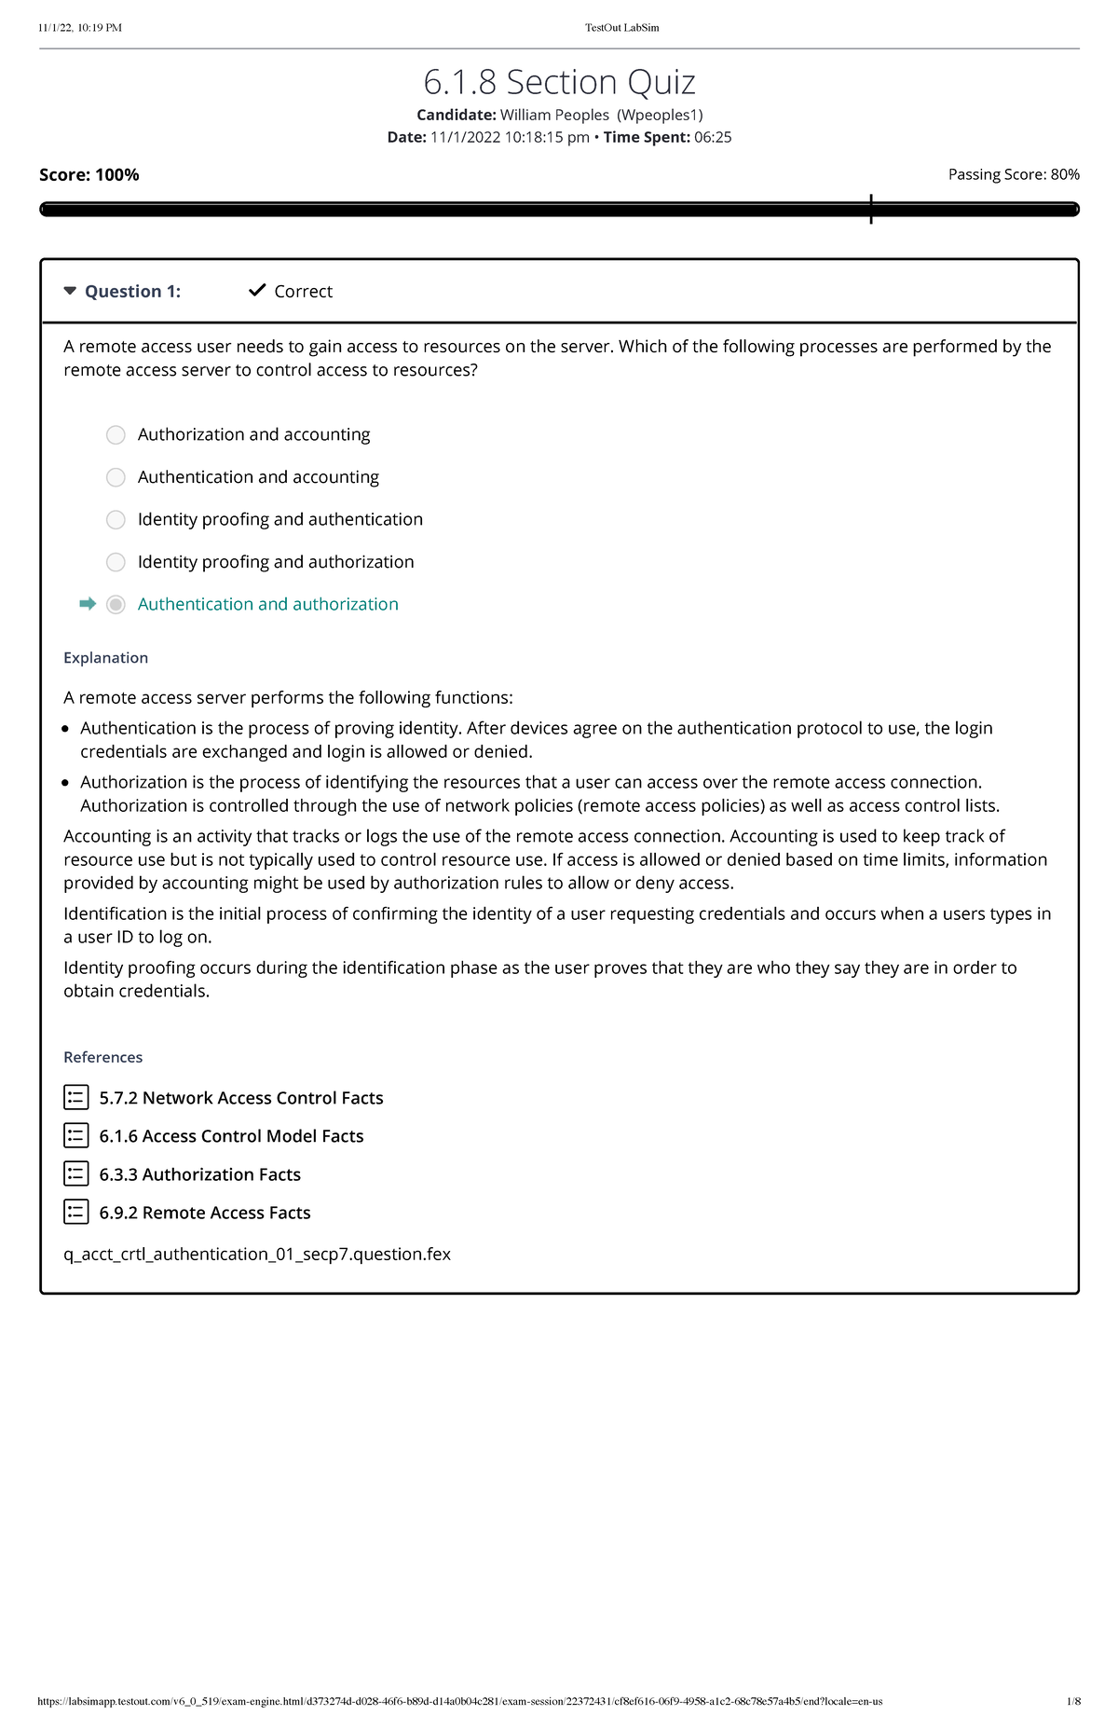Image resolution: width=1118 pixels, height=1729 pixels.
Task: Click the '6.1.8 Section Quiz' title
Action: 559,82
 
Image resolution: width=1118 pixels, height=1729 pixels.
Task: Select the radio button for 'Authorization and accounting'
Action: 116,435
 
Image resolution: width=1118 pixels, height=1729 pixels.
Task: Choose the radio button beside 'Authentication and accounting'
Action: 116,477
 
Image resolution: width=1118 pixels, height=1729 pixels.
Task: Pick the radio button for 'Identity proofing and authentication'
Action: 116,520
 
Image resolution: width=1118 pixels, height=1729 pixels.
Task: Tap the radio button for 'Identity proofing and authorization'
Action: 116,562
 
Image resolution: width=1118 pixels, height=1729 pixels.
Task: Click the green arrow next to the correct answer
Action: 88,604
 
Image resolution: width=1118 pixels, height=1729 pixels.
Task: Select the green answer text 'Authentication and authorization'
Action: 267,604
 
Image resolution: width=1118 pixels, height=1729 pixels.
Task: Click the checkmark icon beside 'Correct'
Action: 257,291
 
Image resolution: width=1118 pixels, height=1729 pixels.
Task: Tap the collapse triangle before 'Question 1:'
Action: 70,291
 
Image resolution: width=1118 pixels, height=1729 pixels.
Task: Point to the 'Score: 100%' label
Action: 89,174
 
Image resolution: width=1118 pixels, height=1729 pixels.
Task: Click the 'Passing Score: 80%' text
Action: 1014,174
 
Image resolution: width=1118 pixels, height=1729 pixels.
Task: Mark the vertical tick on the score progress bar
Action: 871,209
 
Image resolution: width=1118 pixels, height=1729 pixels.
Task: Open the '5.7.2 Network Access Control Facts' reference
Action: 240,1098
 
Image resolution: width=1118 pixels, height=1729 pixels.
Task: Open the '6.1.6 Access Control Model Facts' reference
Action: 231,1136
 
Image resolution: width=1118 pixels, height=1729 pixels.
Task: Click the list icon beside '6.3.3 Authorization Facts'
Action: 76,1173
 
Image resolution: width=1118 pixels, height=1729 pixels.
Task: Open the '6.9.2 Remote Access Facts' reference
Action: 204,1213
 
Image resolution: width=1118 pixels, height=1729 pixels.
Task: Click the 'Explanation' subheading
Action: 105,658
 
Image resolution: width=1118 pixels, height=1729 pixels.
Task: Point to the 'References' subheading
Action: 102,1057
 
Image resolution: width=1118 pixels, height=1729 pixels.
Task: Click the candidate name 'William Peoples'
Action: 554,115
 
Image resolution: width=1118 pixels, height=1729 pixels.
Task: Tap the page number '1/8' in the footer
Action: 1073,1701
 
